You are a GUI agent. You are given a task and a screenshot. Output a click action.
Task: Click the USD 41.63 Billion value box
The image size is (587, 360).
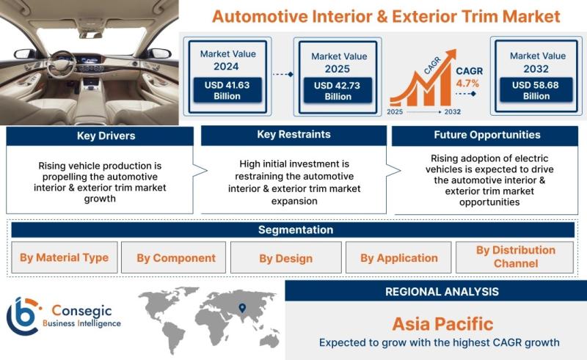(x=227, y=90)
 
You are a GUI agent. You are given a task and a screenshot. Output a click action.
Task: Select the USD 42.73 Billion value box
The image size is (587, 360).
(x=338, y=91)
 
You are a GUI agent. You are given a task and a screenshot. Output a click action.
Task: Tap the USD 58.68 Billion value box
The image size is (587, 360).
(x=536, y=90)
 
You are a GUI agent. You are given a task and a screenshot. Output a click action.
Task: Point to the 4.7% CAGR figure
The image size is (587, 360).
(x=467, y=83)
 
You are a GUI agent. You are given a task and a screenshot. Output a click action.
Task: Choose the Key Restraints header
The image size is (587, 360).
(x=294, y=135)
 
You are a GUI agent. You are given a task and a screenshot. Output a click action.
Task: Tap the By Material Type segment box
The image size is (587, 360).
(x=65, y=257)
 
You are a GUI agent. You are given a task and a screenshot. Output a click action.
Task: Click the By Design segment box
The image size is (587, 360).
(x=286, y=257)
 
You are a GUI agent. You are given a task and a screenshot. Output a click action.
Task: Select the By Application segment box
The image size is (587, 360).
(x=398, y=257)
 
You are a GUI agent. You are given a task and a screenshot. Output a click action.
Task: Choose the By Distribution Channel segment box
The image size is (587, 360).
(x=515, y=257)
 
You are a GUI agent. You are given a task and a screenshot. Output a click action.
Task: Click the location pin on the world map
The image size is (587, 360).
(x=242, y=308)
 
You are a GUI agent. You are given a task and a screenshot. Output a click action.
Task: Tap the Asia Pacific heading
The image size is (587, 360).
(x=442, y=324)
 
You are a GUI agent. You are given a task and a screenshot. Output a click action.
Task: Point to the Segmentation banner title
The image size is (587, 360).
(x=296, y=229)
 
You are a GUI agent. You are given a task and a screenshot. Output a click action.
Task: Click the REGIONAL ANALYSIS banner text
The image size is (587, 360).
(x=442, y=292)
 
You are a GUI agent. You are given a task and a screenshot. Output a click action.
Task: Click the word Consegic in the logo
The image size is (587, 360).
(x=81, y=311)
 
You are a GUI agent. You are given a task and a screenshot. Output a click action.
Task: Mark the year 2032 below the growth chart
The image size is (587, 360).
(x=452, y=112)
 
